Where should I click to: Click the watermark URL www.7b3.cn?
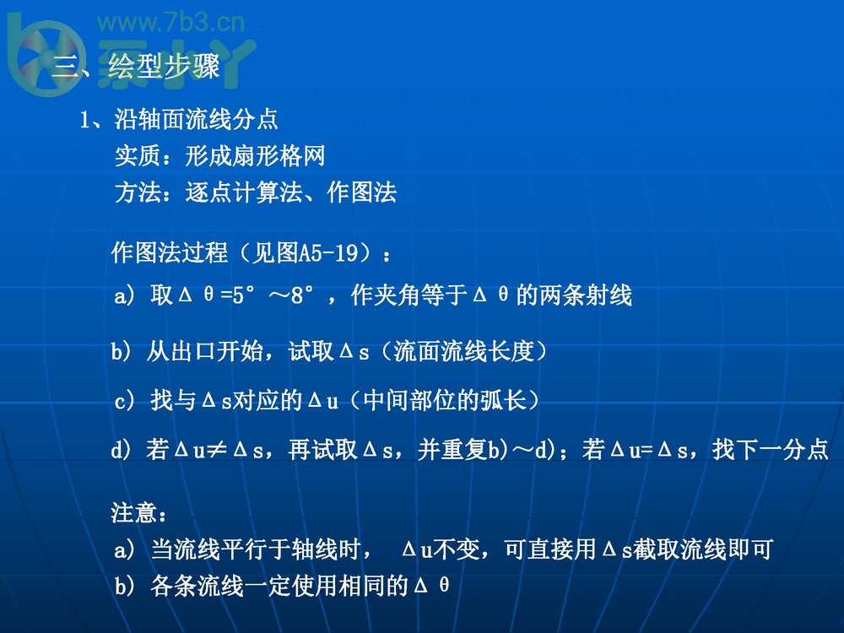click(171, 23)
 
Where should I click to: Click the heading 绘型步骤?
click(165, 66)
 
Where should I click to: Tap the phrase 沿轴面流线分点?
click(196, 119)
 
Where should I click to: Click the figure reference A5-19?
click(328, 252)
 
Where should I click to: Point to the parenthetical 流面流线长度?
click(464, 351)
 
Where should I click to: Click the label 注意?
click(134, 512)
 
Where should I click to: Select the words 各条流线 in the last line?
click(197, 585)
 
